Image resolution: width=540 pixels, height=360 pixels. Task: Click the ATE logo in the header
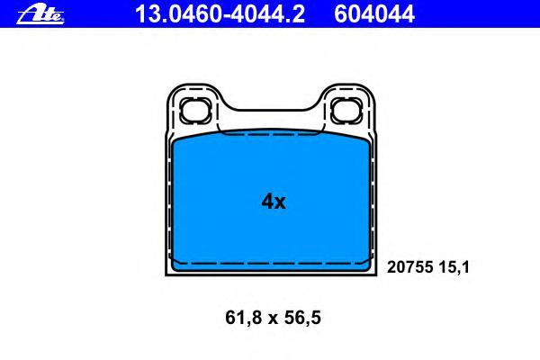pos(40,14)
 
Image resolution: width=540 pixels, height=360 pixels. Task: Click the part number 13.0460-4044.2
pos(220,14)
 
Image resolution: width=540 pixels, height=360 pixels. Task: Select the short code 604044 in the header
pos(374,14)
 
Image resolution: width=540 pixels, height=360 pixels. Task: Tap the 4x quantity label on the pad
pos(274,202)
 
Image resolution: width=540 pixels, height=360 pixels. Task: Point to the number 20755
pos(409,267)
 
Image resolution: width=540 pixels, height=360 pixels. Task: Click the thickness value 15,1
pos(454,267)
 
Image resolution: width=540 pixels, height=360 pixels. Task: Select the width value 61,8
pos(243,318)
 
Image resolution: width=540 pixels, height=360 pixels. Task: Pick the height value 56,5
pos(302,318)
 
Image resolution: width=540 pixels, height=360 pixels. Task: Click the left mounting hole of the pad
pos(194,110)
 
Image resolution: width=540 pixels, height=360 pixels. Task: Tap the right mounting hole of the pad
pos(346,110)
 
